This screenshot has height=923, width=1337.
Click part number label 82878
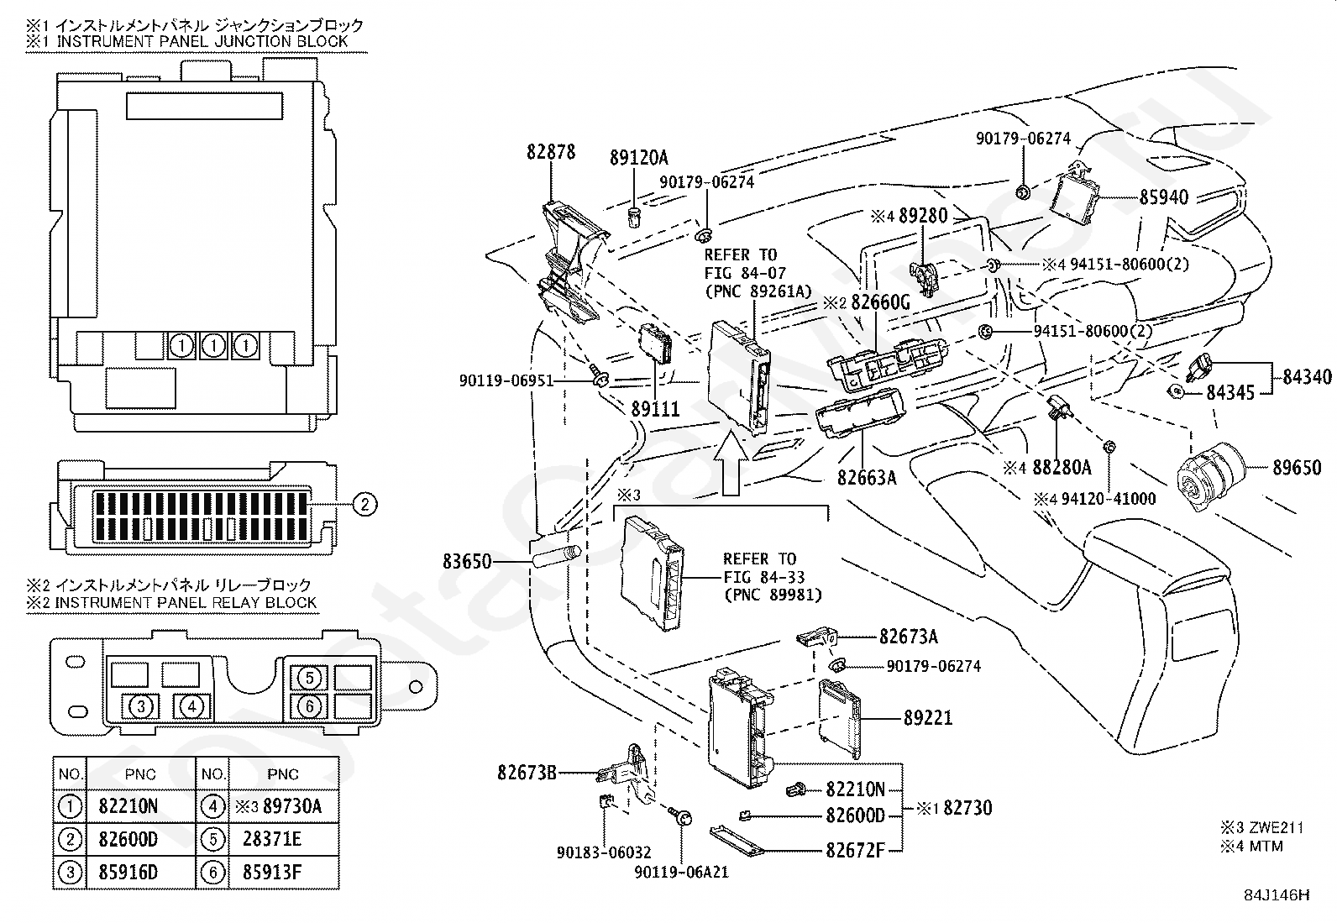tap(550, 152)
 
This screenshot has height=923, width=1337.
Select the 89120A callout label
tap(638, 158)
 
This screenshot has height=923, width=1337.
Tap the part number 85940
tap(1163, 197)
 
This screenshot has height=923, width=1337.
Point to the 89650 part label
tap(1297, 468)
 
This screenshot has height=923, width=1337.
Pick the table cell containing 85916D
tap(141, 873)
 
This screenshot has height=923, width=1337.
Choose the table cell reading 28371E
tap(284, 839)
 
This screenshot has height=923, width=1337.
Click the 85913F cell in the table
tap(284, 873)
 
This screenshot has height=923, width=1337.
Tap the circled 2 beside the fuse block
tap(364, 505)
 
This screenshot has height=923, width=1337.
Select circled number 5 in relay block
tap(309, 678)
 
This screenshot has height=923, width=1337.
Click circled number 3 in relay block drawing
tap(141, 707)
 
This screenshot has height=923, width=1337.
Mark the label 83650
tap(467, 562)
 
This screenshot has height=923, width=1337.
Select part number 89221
tap(927, 717)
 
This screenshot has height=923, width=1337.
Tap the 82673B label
tap(527, 774)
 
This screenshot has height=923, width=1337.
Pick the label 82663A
tap(867, 478)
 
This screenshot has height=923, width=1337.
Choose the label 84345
tap(1230, 393)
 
